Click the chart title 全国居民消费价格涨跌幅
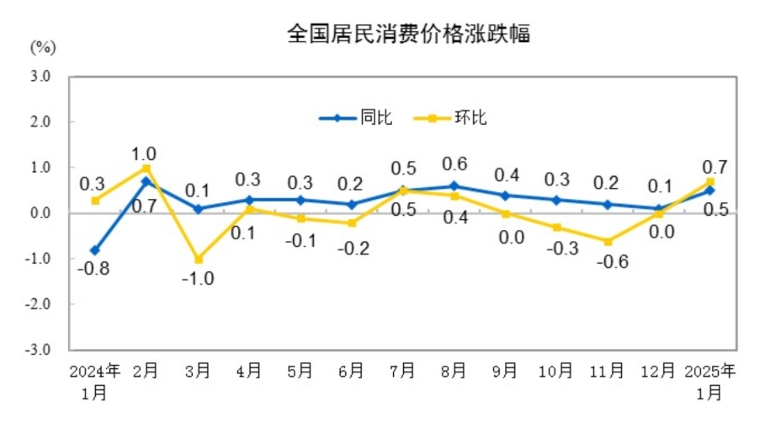tap(408, 35)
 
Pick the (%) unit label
tap(42, 47)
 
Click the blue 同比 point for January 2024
tap(95, 250)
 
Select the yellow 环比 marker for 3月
tap(198, 260)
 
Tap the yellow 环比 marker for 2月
tap(146, 169)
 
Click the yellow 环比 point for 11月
tap(607, 241)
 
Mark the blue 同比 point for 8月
tap(454, 186)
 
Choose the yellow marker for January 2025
tap(710, 182)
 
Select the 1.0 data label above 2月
tap(144, 153)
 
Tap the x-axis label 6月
tap(351, 372)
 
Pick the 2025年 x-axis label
tap(710, 371)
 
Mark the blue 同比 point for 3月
tap(198, 208)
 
